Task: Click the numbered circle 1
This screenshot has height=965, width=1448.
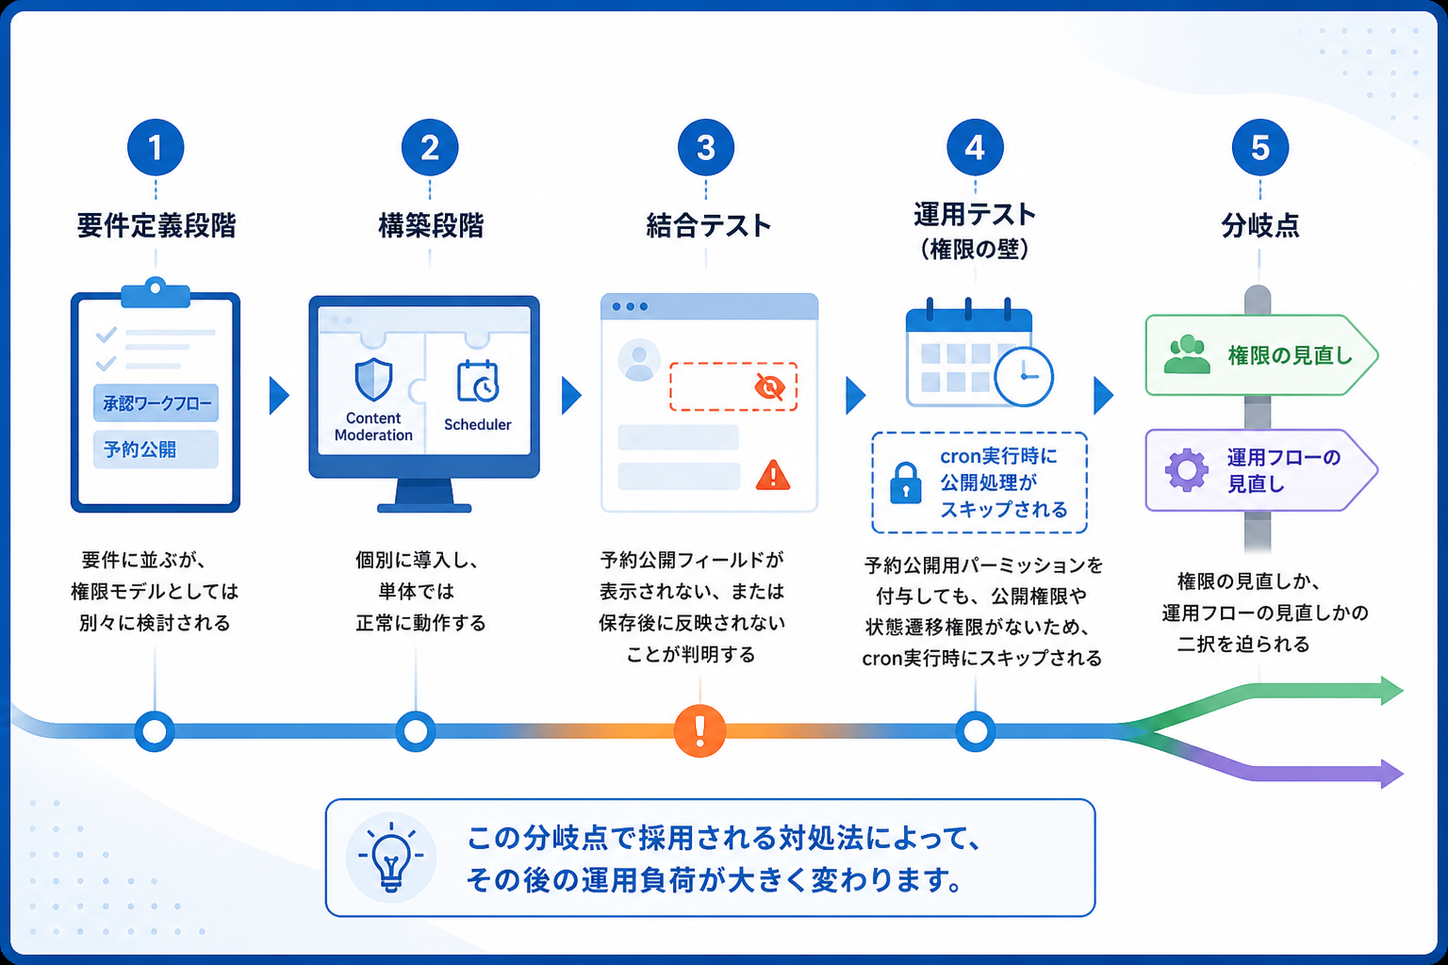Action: [x=156, y=147]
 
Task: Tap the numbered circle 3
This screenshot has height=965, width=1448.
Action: [x=706, y=147]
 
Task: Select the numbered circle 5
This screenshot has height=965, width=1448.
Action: [x=1259, y=147]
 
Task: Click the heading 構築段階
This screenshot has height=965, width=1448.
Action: [x=431, y=225]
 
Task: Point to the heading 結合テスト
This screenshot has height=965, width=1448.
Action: [x=709, y=225]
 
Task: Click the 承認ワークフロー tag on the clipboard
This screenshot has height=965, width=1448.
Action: [x=156, y=403]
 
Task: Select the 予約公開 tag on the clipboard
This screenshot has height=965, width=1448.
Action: [x=156, y=450]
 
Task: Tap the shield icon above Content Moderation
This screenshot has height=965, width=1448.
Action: [x=373, y=380]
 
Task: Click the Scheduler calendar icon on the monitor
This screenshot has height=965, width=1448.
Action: [x=478, y=382]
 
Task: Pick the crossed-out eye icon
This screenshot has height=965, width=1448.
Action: [x=769, y=387]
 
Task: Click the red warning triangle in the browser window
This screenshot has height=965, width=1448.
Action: [x=773, y=475]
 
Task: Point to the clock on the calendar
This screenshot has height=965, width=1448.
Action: [x=1024, y=377]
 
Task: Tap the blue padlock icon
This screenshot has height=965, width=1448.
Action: [x=906, y=482]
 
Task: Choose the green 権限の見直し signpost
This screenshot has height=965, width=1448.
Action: [x=1261, y=355]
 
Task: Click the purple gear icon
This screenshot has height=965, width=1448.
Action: [x=1186, y=470]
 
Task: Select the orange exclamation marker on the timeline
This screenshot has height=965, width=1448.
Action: [x=700, y=731]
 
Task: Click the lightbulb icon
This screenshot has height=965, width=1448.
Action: [x=391, y=857]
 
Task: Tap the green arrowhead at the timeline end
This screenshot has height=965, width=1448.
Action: [x=1391, y=691]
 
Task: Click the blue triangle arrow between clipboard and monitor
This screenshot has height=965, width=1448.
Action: [x=279, y=396]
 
